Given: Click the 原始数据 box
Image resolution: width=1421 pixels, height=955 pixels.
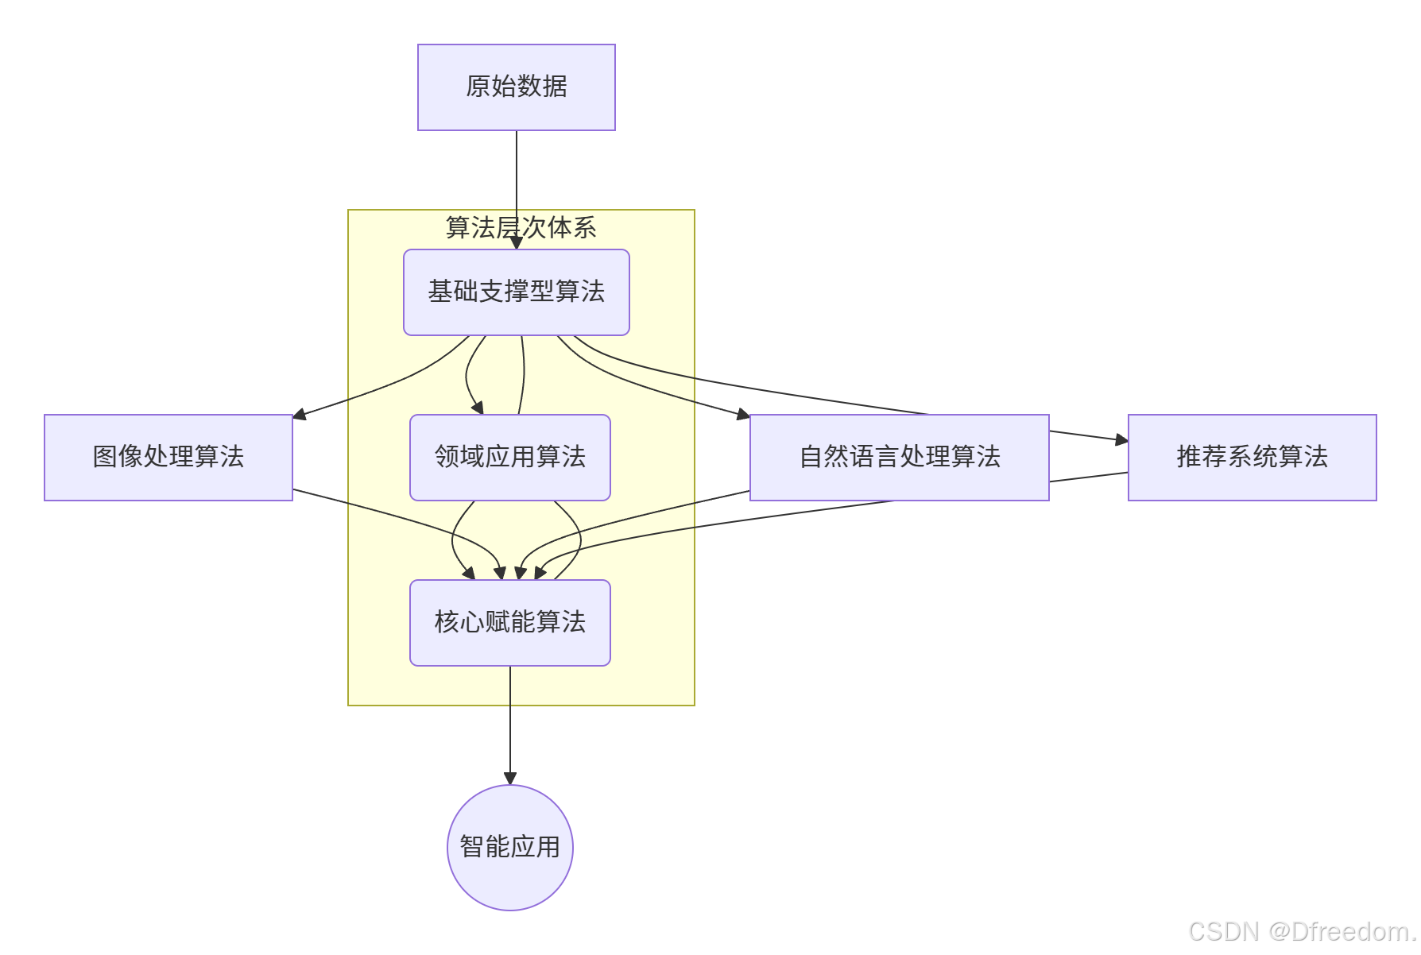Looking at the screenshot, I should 516,87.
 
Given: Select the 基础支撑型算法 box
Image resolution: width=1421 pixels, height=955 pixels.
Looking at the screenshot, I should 516,292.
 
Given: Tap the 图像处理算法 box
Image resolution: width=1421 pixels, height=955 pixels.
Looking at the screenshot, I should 168,457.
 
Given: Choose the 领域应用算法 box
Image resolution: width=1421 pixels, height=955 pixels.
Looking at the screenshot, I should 509,457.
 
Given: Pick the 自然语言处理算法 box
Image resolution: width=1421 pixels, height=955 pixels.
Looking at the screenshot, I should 899,457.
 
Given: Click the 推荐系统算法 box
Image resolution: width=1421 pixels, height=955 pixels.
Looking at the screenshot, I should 1252,457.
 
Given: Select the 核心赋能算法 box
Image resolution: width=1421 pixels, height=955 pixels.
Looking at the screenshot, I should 509,622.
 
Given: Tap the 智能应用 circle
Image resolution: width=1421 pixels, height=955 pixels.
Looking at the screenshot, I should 509,847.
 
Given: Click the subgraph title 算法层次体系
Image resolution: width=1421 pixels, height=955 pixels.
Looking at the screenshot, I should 521,228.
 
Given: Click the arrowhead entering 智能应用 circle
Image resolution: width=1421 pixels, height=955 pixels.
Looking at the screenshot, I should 510,779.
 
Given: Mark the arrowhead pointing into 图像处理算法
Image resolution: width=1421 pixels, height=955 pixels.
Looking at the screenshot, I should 300,414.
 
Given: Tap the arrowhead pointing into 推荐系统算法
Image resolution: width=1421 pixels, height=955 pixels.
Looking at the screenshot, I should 1121,439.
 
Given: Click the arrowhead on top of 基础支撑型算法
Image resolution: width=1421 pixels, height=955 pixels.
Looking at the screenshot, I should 517,243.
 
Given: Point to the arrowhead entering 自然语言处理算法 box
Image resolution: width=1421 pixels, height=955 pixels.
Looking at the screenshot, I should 743,414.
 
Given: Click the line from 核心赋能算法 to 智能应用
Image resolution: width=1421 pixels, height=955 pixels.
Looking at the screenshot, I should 510,723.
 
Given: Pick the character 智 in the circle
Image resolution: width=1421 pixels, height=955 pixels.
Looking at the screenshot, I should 471,847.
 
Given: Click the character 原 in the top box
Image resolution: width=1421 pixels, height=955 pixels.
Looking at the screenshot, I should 478,87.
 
